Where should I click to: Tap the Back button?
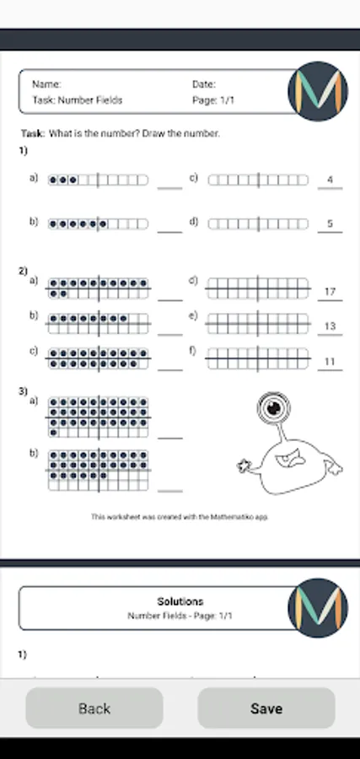pyautogui.click(x=94, y=708)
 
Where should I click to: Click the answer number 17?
pyautogui.click(x=330, y=292)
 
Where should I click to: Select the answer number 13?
pyautogui.click(x=330, y=326)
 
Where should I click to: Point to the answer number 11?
pyautogui.click(x=330, y=362)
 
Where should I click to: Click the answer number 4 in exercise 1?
pyautogui.click(x=330, y=180)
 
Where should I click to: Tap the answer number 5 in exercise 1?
pyautogui.click(x=330, y=223)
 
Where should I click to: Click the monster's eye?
pyautogui.click(x=273, y=407)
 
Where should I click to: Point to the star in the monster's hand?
pyautogui.click(x=244, y=466)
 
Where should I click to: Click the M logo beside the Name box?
pyautogui.click(x=318, y=91)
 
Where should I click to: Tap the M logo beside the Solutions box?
pyautogui.click(x=318, y=608)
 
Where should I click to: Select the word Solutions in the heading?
pyautogui.click(x=180, y=601)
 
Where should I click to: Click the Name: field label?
pyautogui.click(x=46, y=84)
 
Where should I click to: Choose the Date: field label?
pyautogui.click(x=204, y=84)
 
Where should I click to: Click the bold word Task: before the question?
pyautogui.click(x=33, y=133)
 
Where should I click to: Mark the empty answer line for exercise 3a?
pyautogui.click(x=170, y=438)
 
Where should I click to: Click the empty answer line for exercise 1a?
pyautogui.click(x=169, y=188)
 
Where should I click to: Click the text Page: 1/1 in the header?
pyautogui.click(x=213, y=100)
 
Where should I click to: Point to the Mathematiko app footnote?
pyautogui.click(x=180, y=517)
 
